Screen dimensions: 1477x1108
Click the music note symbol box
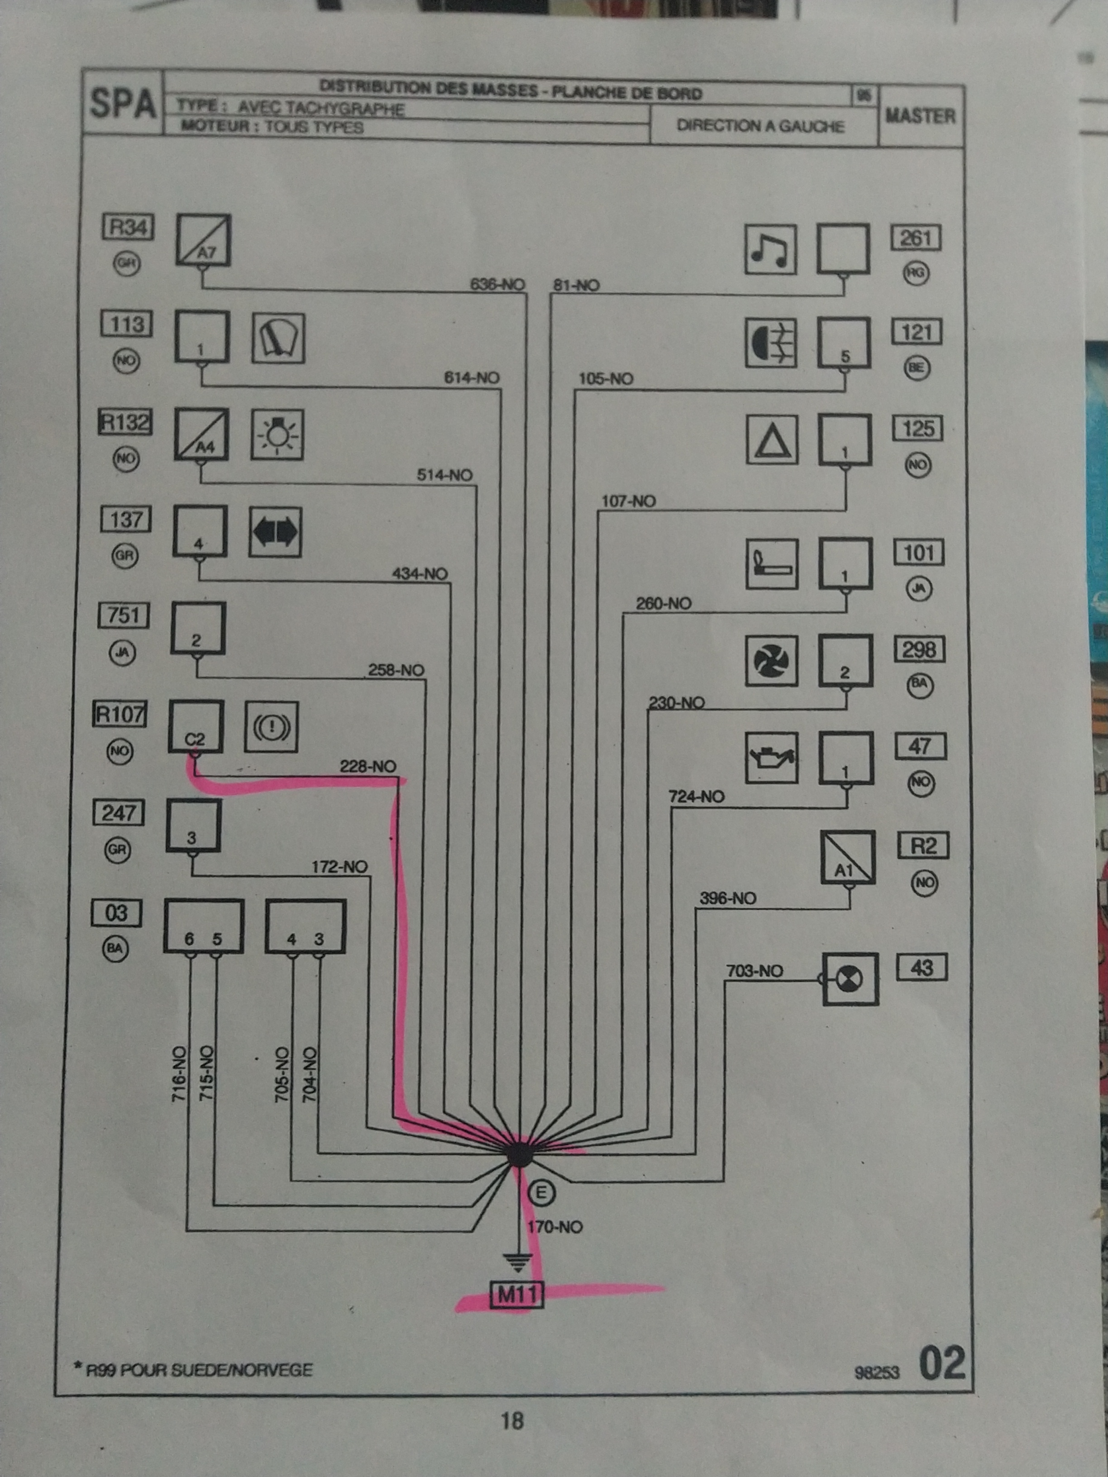(x=770, y=249)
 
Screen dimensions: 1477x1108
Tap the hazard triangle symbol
(x=773, y=440)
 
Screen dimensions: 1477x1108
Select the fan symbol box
(x=771, y=660)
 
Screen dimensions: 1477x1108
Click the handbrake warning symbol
(x=271, y=726)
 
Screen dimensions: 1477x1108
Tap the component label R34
(x=128, y=228)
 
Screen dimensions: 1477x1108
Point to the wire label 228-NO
(x=368, y=766)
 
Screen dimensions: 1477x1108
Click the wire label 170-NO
(x=554, y=1227)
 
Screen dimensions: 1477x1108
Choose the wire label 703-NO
(x=754, y=970)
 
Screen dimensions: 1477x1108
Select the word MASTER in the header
(x=920, y=116)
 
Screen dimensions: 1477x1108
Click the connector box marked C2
(x=195, y=726)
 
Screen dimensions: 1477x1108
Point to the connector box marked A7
(x=204, y=240)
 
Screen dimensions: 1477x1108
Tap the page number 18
(x=512, y=1421)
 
